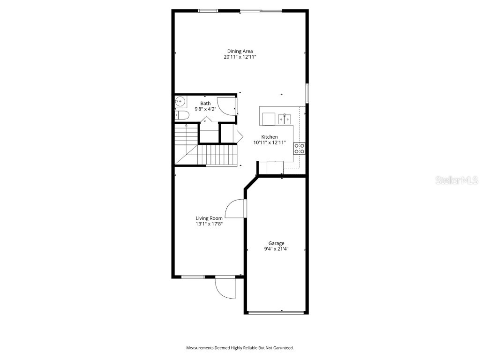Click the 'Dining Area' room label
click(x=240, y=51)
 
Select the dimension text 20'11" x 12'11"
click(x=240, y=57)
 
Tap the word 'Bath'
click(x=205, y=103)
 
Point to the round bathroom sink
click(x=180, y=101)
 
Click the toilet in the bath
click(x=182, y=115)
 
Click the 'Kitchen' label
click(x=270, y=137)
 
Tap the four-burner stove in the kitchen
click(x=300, y=149)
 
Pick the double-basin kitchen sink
click(x=284, y=119)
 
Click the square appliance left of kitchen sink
click(x=269, y=119)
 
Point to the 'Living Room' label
click(x=209, y=218)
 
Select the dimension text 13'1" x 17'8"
click(x=209, y=224)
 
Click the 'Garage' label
click(x=276, y=243)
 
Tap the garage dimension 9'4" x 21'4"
click(x=276, y=249)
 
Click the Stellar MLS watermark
click(x=457, y=180)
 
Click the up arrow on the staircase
click(x=186, y=126)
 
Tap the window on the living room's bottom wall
click(x=193, y=277)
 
